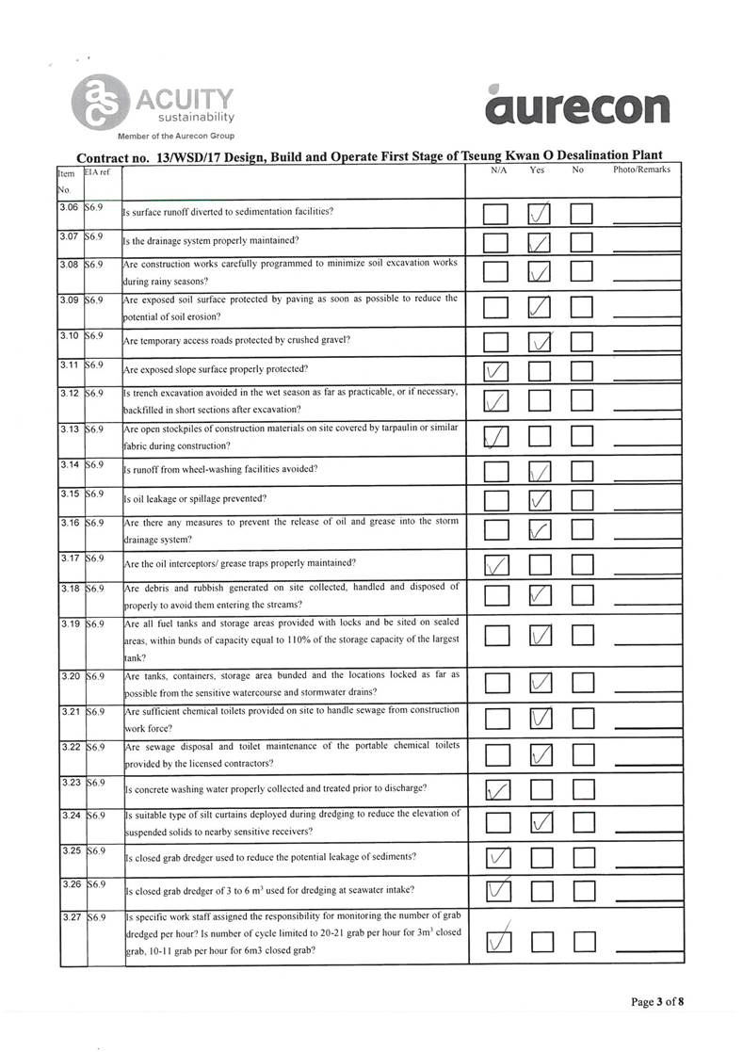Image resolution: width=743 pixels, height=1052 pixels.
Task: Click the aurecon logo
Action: point(579,106)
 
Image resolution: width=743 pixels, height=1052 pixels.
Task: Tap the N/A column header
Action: point(498,170)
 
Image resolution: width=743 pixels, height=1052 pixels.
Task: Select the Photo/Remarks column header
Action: point(641,170)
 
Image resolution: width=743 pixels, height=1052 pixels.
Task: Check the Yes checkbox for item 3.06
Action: point(540,215)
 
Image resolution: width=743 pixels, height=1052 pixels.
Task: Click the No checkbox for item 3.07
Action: point(581,244)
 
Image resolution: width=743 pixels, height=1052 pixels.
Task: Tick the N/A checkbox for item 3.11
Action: point(496,372)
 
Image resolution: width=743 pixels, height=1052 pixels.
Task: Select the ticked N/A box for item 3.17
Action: point(496,565)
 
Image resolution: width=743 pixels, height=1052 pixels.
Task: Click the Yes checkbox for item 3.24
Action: point(540,823)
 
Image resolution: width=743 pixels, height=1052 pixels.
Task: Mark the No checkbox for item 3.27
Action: point(584,941)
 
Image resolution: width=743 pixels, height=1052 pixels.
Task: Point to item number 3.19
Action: point(69,623)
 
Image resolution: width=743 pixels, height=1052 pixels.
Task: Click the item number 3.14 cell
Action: point(69,464)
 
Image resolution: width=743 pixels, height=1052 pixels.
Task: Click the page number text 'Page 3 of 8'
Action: point(657,1001)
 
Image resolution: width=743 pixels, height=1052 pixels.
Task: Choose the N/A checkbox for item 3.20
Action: point(496,682)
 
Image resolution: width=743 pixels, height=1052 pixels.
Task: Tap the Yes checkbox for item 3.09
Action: point(540,307)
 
